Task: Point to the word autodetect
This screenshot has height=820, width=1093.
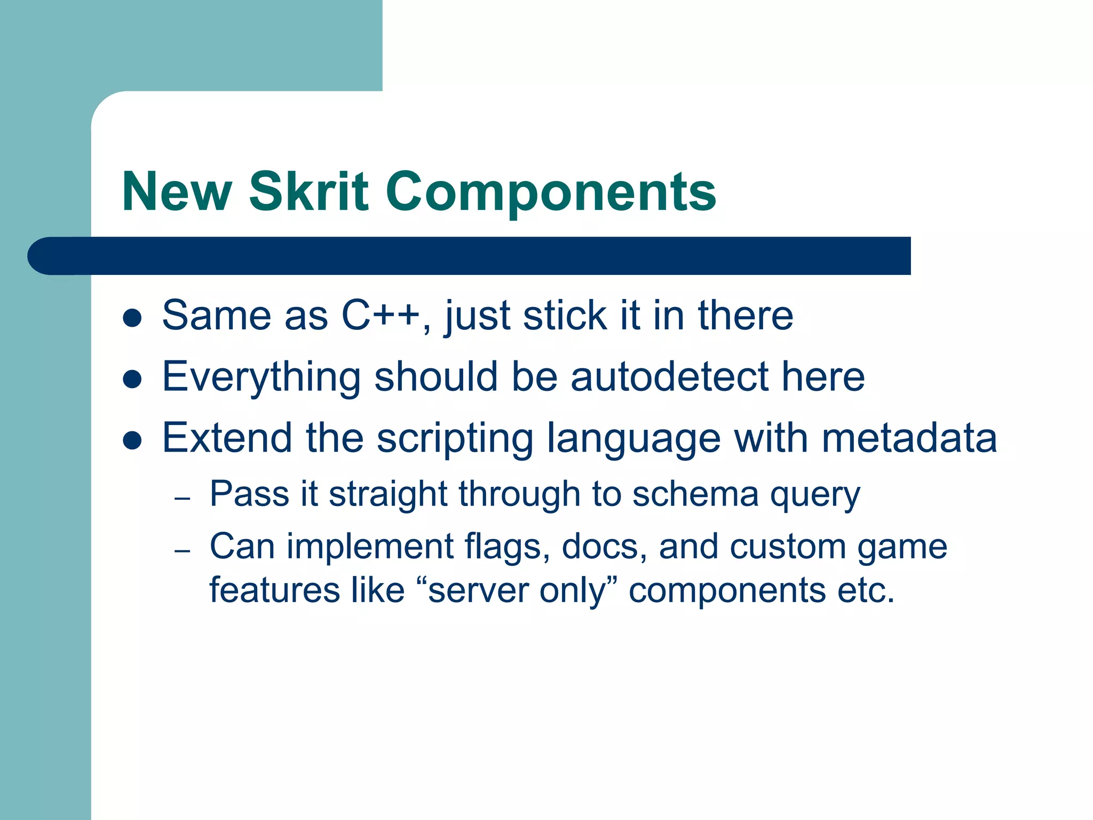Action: point(669,376)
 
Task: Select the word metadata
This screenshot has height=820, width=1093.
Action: point(909,438)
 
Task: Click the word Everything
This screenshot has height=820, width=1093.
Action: point(262,377)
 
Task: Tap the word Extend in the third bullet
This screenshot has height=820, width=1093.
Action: point(227,438)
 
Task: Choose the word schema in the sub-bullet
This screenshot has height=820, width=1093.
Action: point(695,494)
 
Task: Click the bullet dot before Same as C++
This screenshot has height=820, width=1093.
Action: point(132,318)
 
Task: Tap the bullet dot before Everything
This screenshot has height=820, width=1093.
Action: point(132,380)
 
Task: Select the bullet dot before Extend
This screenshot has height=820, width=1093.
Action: point(132,441)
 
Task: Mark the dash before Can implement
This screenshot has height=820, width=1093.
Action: point(183,550)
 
